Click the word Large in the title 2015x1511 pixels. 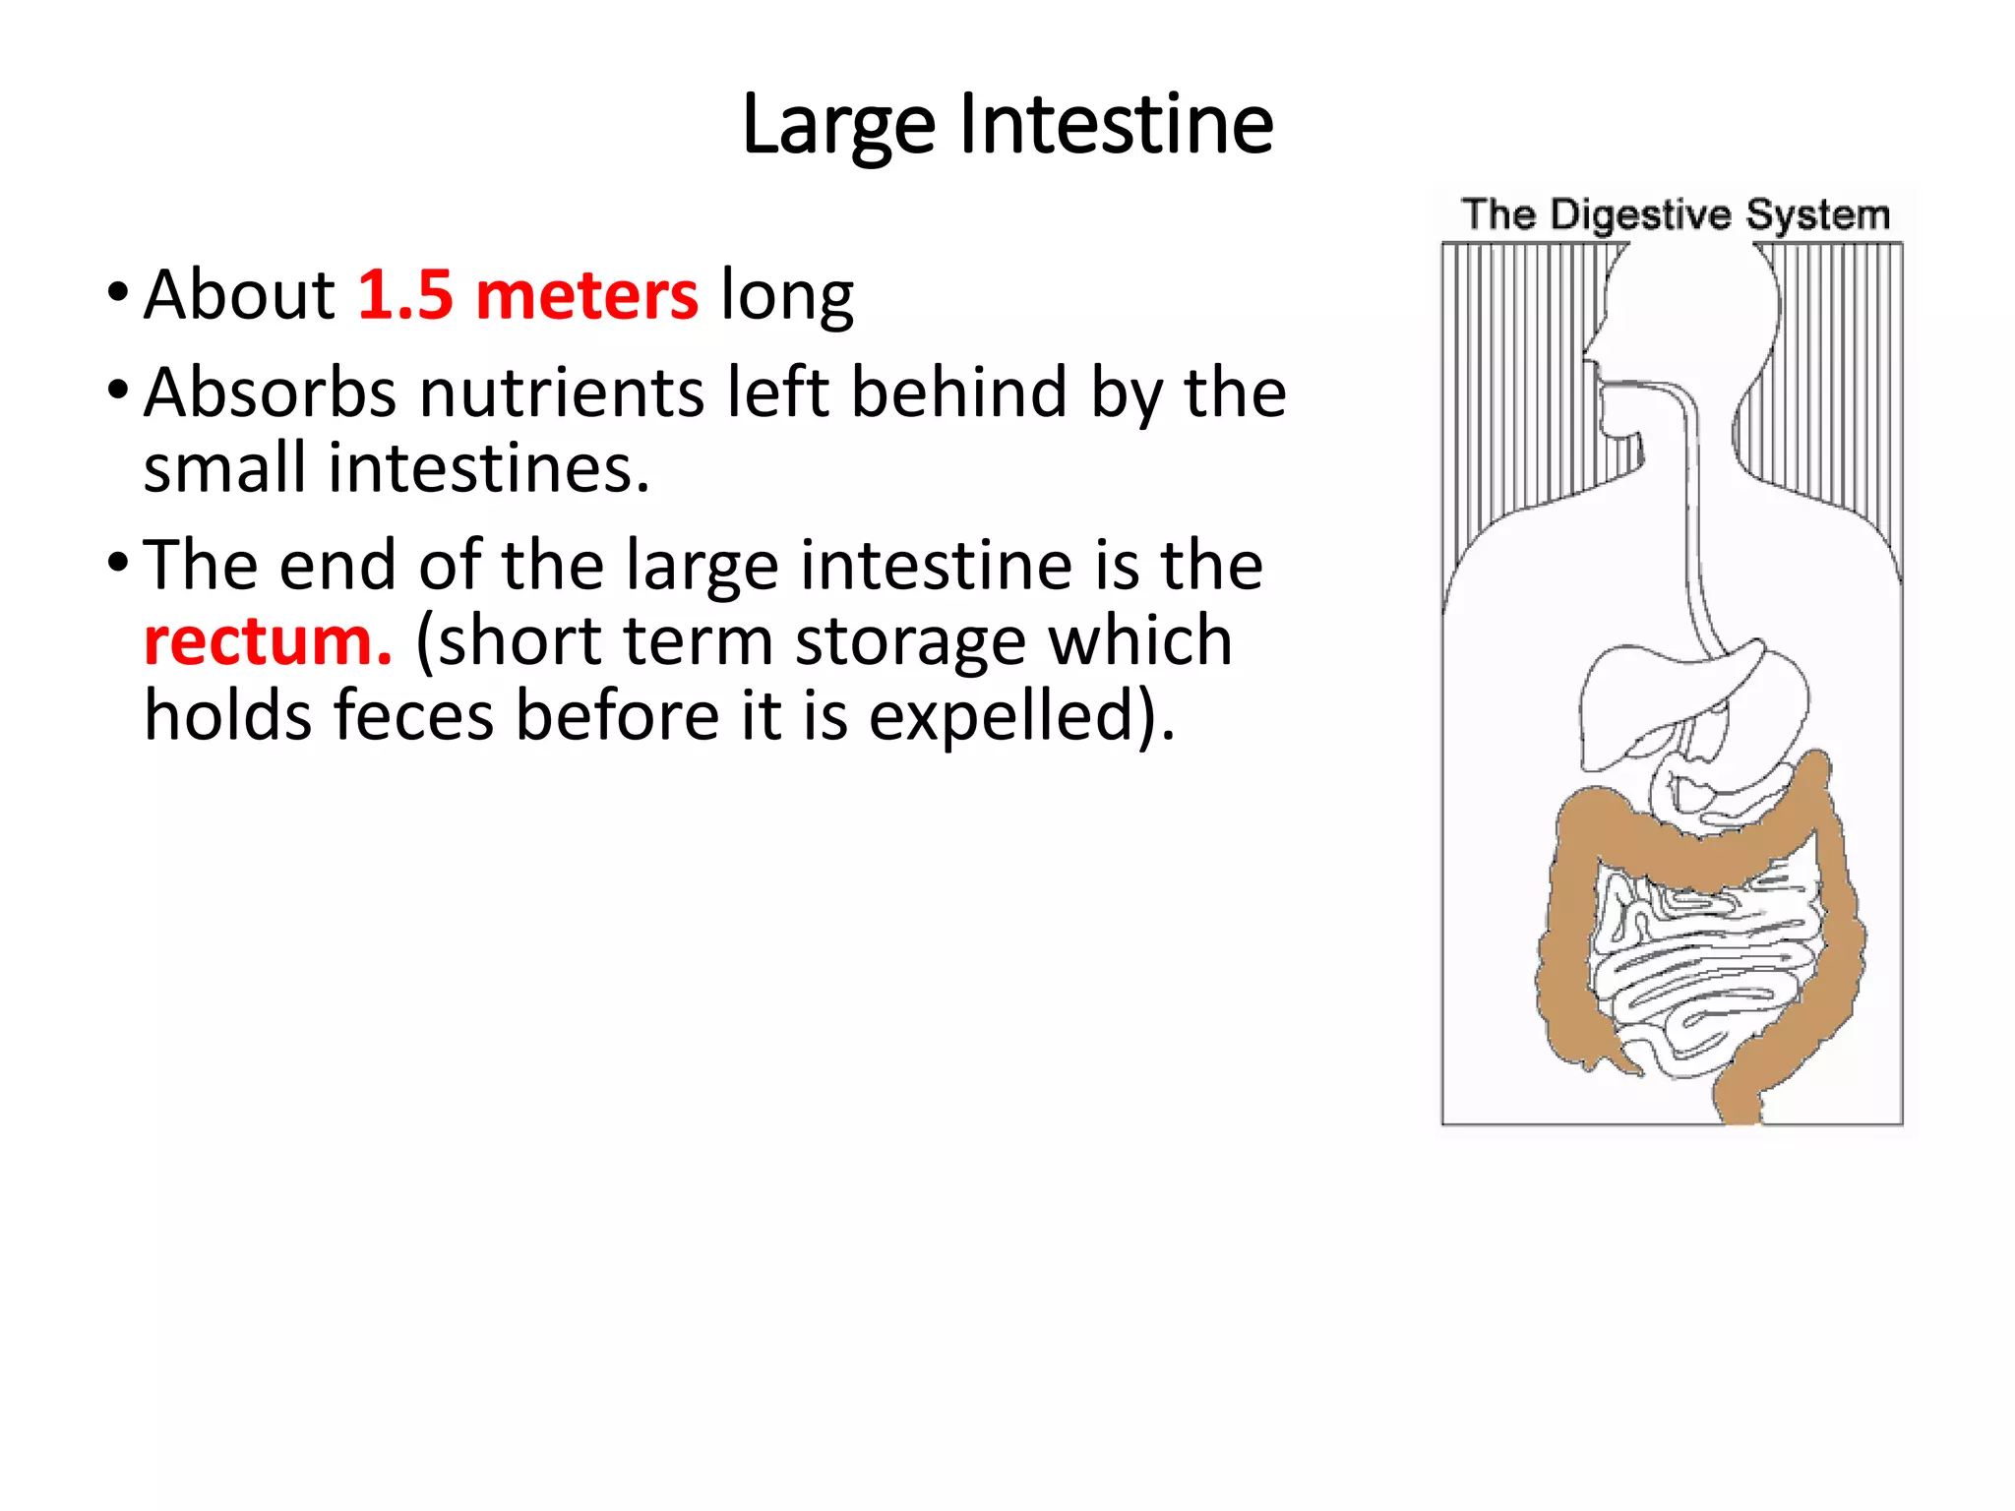837,125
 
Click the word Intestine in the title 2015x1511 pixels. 1116,125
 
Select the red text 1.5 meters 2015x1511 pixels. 527,294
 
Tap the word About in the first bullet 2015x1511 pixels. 239,294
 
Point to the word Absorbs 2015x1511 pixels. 271,393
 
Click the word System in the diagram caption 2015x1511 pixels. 1817,215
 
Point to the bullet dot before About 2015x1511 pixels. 118,292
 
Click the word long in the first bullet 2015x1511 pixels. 787,294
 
